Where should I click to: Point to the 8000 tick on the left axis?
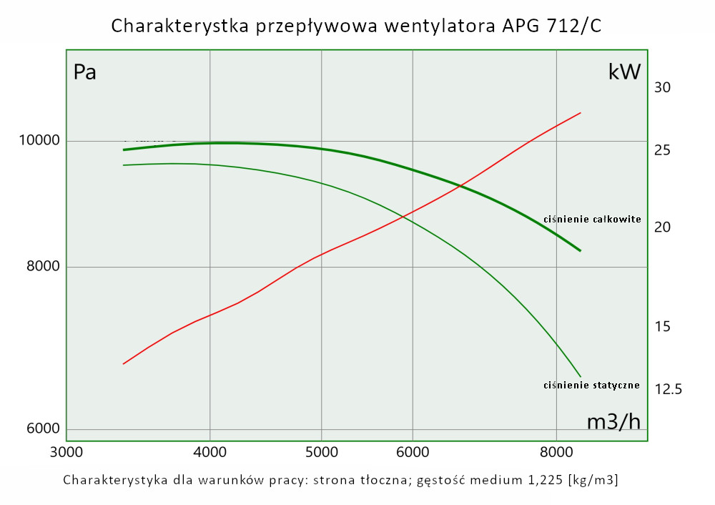pyautogui.click(x=42, y=267)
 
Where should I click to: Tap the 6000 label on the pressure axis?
pyautogui.click(x=42, y=429)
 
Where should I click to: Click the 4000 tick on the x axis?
pyautogui.click(x=209, y=453)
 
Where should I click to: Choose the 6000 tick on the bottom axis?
pyautogui.click(x=413, y=453)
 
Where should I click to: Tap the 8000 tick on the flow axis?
pyautogui.click(x=556, y=453)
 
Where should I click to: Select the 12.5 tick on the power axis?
pyautogui.click(x=669, y=389)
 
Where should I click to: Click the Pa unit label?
pyautogui.click(x=85, y=72)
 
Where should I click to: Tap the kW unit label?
pyautogui.click(x=624, y=72)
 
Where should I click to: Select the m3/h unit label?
pyautogui.click(x=613, y=422)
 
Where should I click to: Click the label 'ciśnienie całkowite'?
pyautogui.click(x=592, y=219)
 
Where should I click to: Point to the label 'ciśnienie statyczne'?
pyautogui.click(x=591, y=386)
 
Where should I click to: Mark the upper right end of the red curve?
pyautogui.click(x=581, y=113)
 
